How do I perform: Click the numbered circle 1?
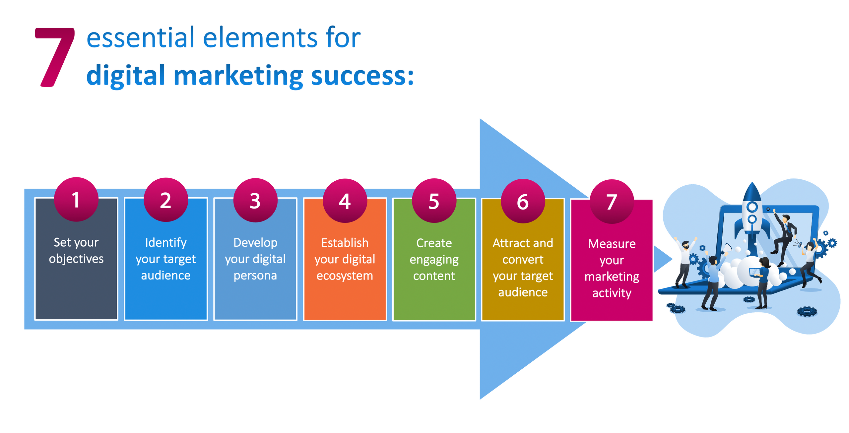76,200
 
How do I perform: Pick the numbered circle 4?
345,201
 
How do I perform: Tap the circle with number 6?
523,201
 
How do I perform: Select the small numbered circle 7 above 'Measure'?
612,202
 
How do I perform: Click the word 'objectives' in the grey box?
76,259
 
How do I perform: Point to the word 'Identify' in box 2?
166,243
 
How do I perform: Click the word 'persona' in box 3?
255,276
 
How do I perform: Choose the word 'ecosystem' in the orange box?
345,276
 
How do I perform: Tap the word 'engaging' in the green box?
434,260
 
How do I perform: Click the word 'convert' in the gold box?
523,260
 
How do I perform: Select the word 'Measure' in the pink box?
612,244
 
